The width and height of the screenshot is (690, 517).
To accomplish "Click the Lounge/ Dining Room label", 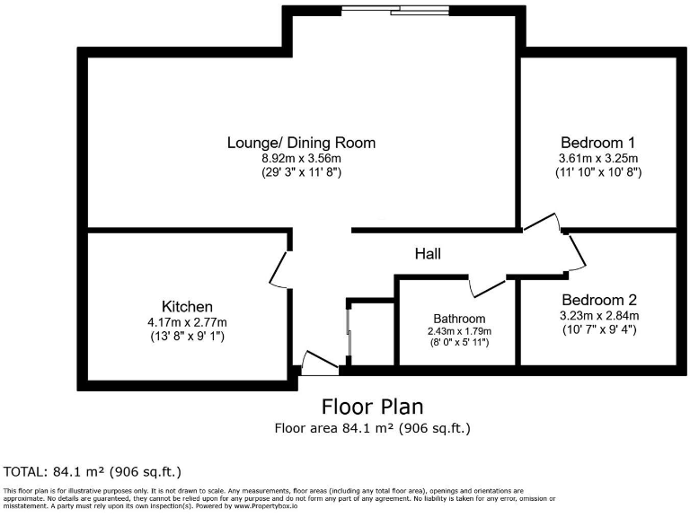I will pos(301,143).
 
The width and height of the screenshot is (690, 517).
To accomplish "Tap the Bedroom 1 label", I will pos(597,142).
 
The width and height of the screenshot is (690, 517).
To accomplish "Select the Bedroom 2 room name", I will pos(598,300).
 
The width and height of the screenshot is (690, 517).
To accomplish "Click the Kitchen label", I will pos(187,307).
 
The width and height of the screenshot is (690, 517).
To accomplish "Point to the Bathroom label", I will pos(459,319).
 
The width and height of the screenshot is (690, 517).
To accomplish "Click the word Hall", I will pos(428,255).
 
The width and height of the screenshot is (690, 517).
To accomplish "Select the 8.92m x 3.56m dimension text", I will pos(301,158).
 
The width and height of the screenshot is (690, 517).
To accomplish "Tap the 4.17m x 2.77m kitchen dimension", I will pos(188,322).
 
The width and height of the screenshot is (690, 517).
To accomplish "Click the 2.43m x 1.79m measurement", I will pos(459,331).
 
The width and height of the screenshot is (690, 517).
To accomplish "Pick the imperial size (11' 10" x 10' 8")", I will pos(597,171).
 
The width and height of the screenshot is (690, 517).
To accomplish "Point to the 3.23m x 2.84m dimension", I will pos(598,316).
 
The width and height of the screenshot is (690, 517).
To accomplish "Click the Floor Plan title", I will pos(372,407).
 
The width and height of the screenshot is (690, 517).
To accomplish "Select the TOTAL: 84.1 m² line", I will pos(93,470).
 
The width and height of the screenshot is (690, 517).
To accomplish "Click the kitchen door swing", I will pos(279,268).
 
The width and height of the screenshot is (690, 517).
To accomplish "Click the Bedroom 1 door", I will pos(542,223).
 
